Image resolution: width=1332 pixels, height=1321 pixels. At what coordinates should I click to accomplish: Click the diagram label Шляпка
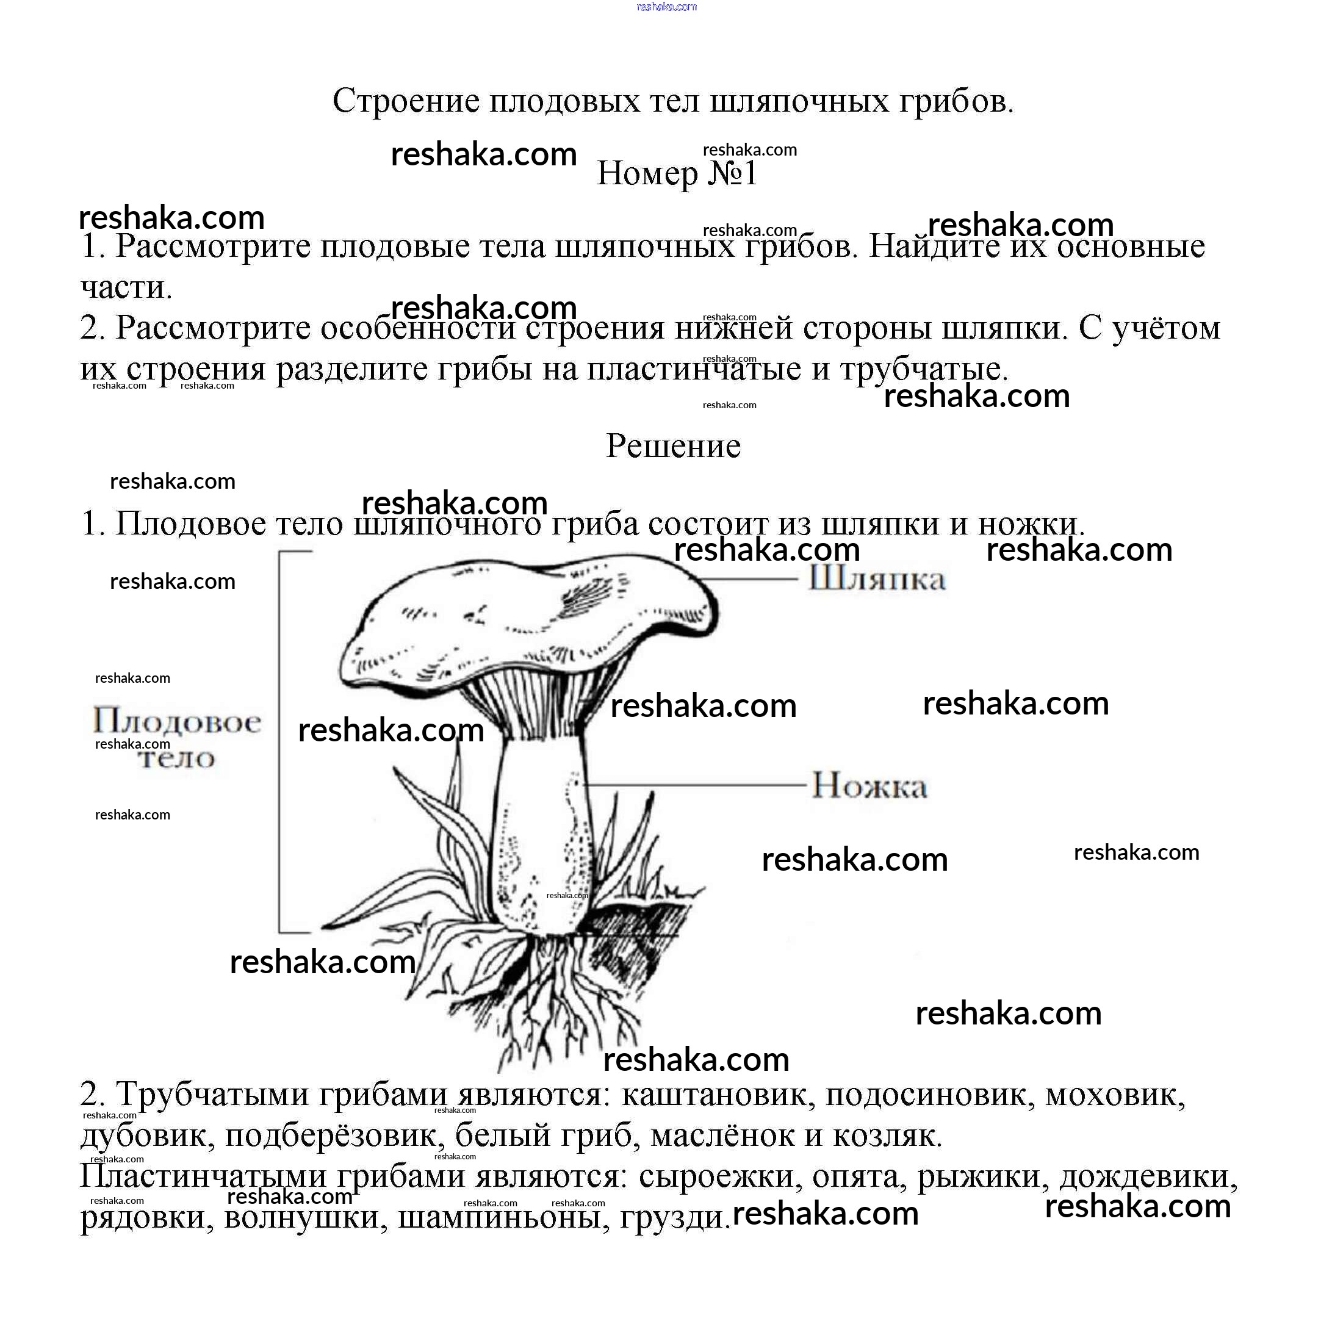pos(876,578)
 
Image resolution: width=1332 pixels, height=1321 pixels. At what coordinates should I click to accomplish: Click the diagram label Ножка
pos(869,785)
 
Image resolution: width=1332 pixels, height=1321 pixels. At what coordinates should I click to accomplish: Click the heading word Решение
pos(673,446)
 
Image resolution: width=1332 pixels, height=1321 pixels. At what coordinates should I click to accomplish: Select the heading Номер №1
pos(677,173)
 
